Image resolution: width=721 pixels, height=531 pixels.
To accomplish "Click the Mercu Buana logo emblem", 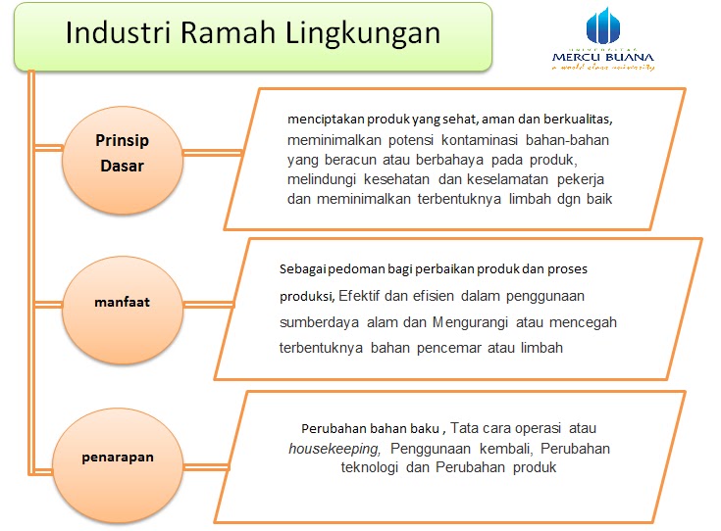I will (x=604, y=30).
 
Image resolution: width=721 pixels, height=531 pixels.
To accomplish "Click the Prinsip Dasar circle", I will (x=123, y=153).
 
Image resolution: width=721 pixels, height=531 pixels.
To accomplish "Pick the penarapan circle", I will (x=118, y=457).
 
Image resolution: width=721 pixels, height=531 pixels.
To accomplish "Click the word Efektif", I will (x=364, y=295).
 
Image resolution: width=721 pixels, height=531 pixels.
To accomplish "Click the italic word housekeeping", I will (x=334, y=449).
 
